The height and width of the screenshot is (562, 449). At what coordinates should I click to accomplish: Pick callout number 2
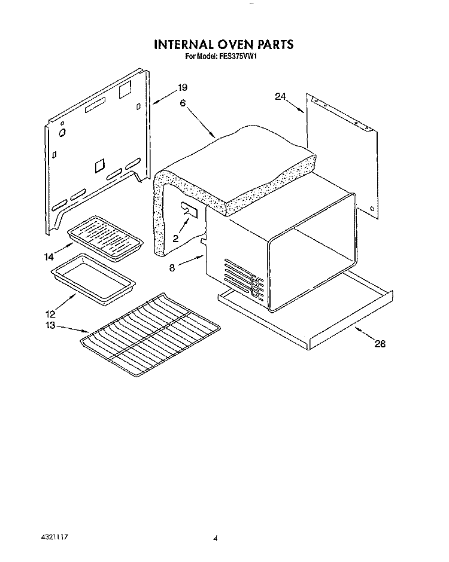click(x=175, y=238)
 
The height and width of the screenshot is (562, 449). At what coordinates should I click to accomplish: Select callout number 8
click(x=172, y=268)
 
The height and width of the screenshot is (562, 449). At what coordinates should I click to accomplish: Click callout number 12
click(x=50, y=313)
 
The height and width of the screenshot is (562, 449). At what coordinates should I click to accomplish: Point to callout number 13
click(x=50, y=325)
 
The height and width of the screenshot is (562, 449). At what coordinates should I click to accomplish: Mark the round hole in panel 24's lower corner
click(x=372, y=209)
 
